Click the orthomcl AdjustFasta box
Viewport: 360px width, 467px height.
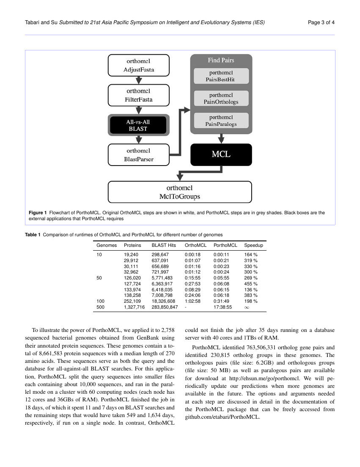pos(138,65)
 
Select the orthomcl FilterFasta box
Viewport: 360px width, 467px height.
pos(138,95)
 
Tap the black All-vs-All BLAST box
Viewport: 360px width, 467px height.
pos(138,125)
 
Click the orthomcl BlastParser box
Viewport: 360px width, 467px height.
pos(138,155)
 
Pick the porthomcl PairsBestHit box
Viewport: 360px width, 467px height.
pos(221,76)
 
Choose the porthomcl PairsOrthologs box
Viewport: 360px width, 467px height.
pos(221,98)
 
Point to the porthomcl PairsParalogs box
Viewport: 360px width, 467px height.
pos(221,120)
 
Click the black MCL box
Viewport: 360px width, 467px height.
pos(221,155)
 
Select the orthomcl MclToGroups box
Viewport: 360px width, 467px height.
pos(180,192)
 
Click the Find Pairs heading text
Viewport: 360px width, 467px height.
pos(221,60)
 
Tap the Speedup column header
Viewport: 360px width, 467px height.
pos(253,245)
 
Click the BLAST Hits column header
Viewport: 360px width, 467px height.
pos(163,245)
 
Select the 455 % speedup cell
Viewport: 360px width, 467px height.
pos(251,284)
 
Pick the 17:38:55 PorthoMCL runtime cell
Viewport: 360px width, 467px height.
pos(223,307)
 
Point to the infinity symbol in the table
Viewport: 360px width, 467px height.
pos(247,307)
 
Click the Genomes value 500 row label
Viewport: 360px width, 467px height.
pos(100,307)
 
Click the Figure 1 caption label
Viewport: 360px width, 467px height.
pos(38,213)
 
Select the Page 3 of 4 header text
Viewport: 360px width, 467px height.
pos(322,22)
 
